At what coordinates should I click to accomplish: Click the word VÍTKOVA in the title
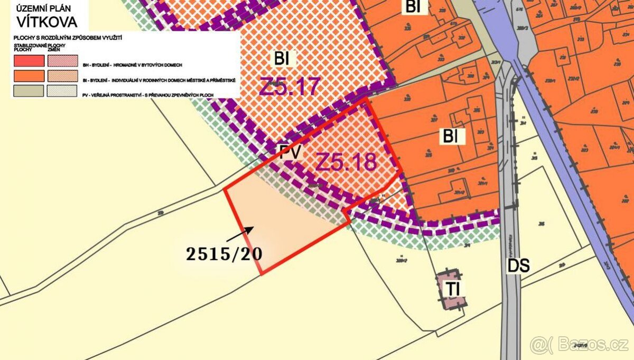click(47, 22)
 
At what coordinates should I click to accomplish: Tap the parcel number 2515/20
click(225, 254)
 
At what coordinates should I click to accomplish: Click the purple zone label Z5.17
click(290, 86)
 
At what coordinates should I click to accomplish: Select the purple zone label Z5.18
click(346, 162)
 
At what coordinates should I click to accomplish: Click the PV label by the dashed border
click(291, 153)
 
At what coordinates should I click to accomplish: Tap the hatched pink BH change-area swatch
click(62, 61)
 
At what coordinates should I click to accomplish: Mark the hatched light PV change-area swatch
click(62, 90)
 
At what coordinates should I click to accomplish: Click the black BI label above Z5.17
click(282, 59)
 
